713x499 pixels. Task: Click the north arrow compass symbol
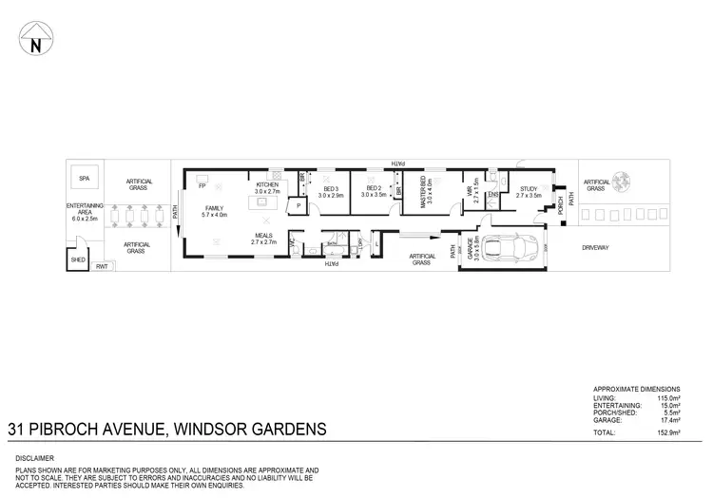[x=34, y=42]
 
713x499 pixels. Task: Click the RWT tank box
[x=102, y=268]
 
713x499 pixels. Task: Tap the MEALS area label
[x=263, y=240]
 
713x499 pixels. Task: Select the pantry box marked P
[x=299, y=205]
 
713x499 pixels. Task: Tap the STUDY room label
[x=529, y=190]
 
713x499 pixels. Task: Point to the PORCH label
[x=562, y=207]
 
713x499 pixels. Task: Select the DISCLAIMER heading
[x=36, y=458]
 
